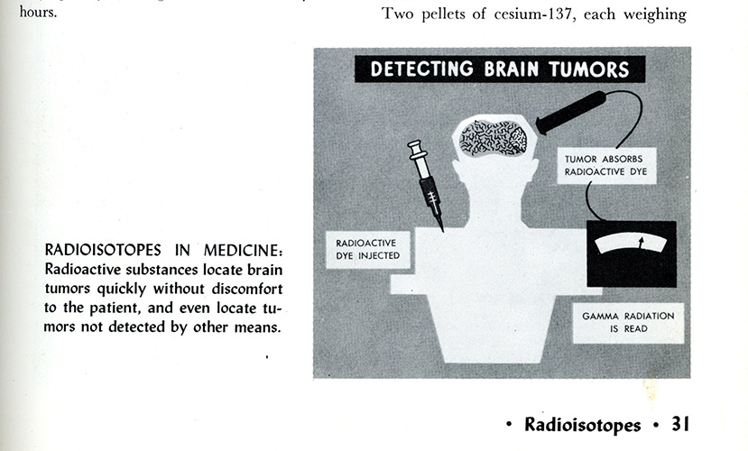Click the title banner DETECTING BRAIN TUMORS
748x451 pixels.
[499, 69]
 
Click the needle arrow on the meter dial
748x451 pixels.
[641, 243]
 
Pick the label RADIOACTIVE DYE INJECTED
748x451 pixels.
[366, 250]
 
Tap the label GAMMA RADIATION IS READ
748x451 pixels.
[628, 322]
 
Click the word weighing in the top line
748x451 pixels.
[660, 14]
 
